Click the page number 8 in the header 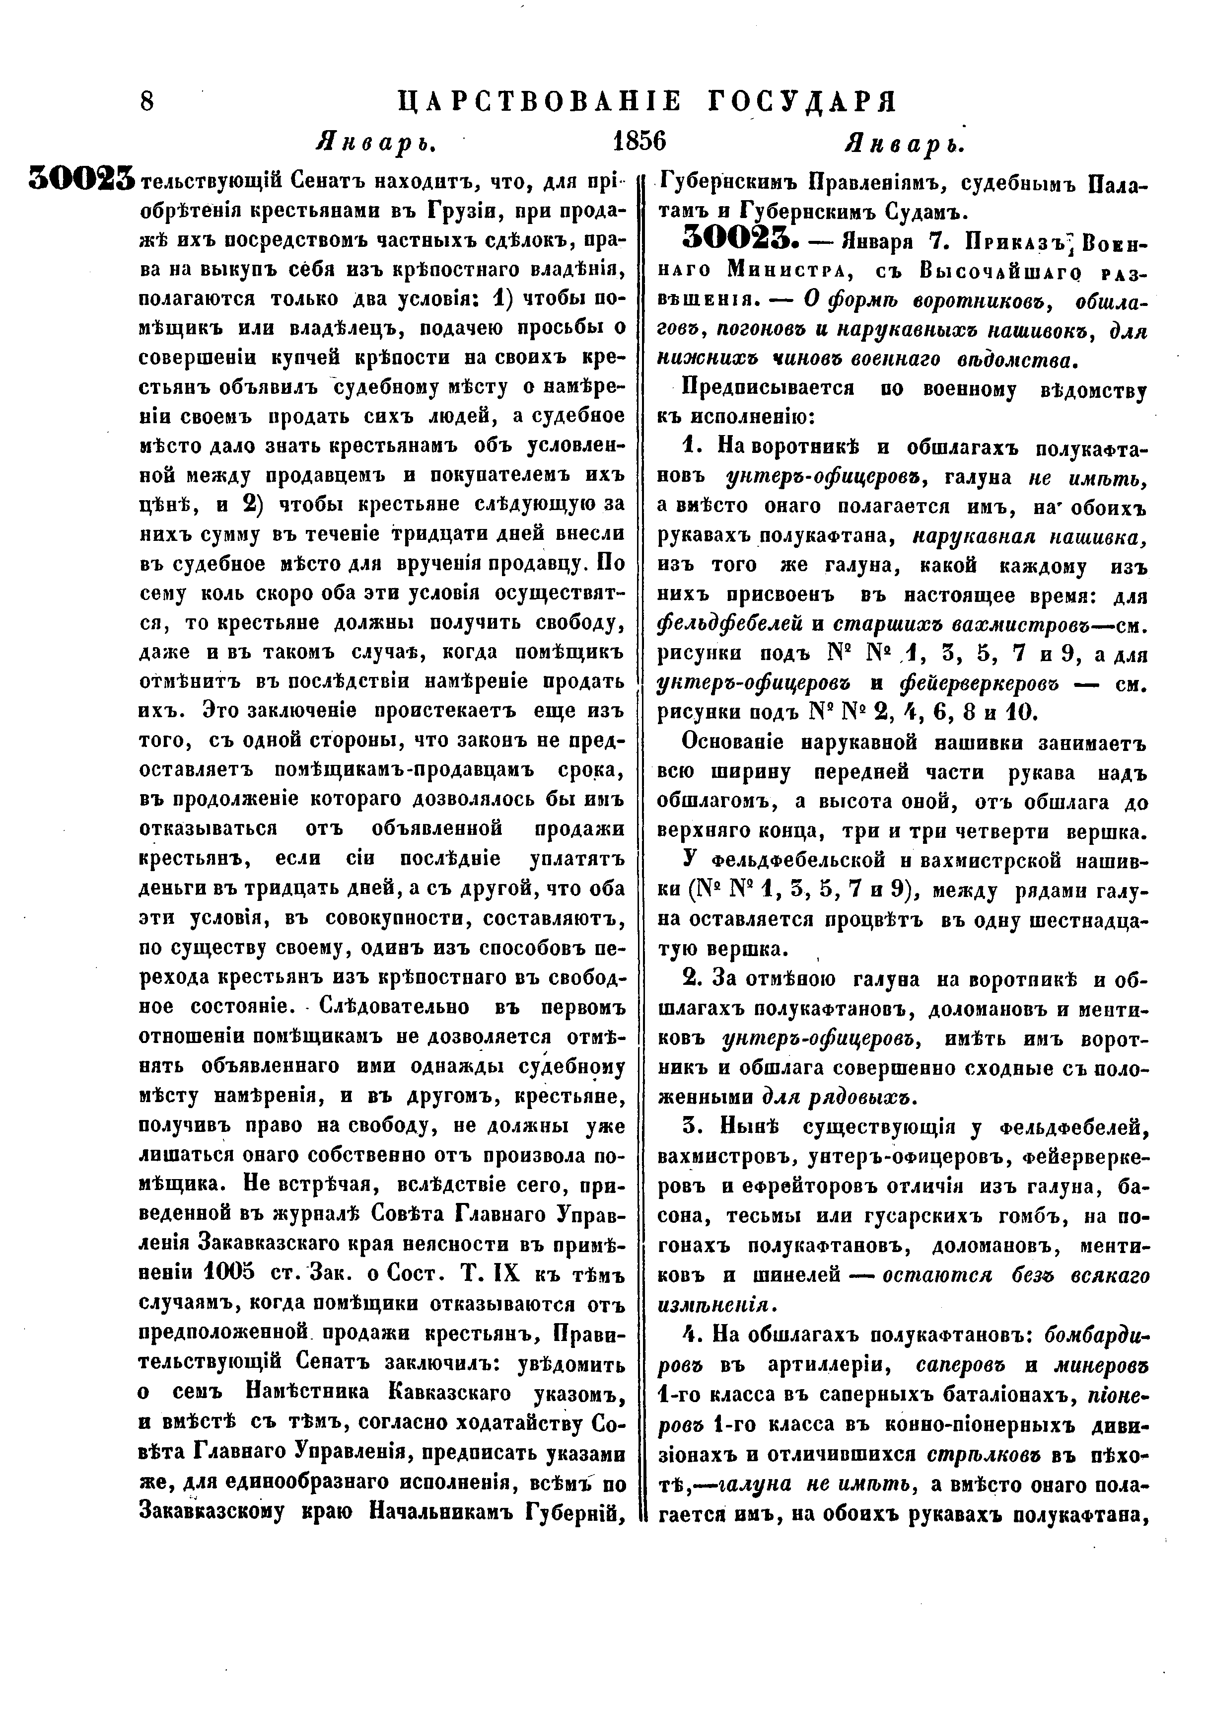pyautogui.click(x=147, y=101)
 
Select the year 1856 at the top pyautogui.click(x=638, y=141)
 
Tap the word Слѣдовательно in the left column pyautogui.click(x=395, y=1006)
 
